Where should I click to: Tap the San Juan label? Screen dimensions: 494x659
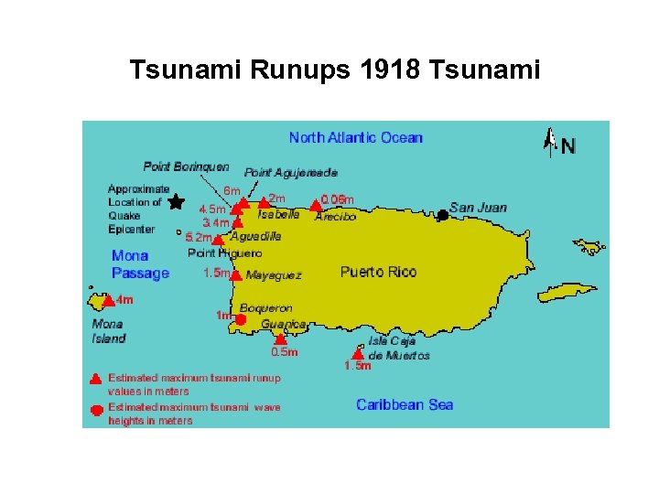(x=478, y=207)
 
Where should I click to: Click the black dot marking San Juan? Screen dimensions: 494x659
(x=442, y=215)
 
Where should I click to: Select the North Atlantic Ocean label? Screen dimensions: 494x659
(x=355, y=138)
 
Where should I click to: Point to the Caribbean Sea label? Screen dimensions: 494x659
(x=405, y=404)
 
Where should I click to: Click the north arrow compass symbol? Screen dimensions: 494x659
(x=551, y=143)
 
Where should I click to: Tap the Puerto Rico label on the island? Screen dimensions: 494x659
(x=378, y=272)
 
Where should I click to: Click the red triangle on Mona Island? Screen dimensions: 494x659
(x=108, y=300)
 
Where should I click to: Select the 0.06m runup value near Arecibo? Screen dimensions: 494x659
(x=337, y=199)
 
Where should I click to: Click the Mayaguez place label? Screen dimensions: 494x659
(x=274, y=274)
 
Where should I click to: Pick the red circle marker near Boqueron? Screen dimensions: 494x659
(x=241, y=319)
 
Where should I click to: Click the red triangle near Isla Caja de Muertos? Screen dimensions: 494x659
(x=358, y=353)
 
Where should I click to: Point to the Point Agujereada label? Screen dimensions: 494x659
(x=290, y=172)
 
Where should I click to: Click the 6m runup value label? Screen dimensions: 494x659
(x=232, y=190)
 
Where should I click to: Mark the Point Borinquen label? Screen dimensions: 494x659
(x=186, y=166)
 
